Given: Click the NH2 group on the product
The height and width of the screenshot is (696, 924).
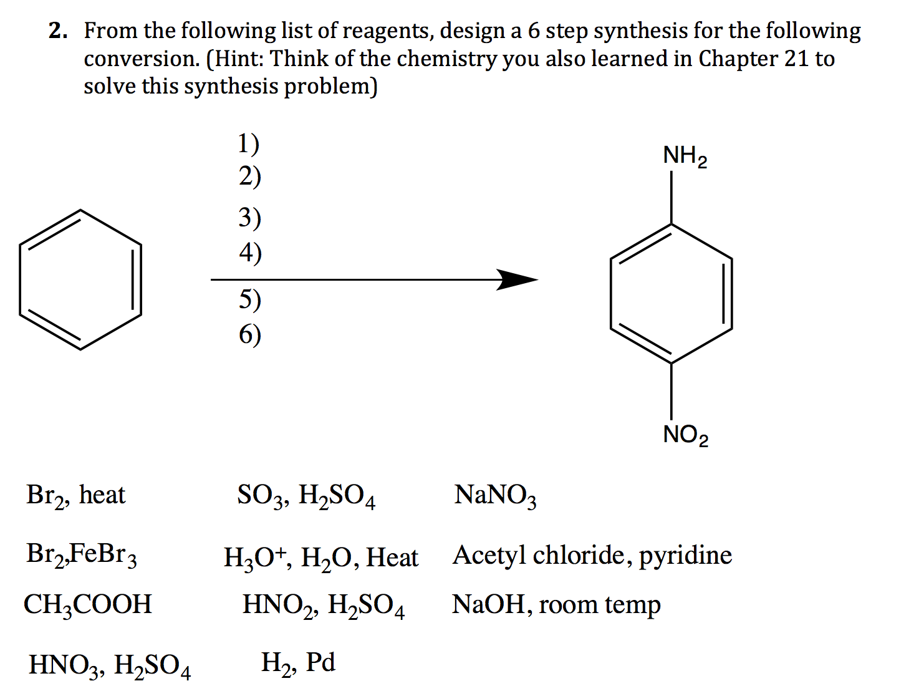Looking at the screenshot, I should click(x=685, y=156).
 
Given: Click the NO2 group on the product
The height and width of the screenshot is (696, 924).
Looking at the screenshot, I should click(x=685, y=435).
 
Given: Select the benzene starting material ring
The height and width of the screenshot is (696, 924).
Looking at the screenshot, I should click(x=80, y=279).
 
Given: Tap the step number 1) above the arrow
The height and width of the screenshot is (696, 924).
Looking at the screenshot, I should click(x=248, y=144).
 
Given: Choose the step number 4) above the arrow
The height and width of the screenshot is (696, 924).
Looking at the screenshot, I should click(x=250, y=253).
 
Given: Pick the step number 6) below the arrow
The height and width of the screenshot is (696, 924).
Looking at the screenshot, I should click(x=249, y=335).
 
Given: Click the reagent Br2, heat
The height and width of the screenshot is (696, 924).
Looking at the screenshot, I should click(x=75, y=496).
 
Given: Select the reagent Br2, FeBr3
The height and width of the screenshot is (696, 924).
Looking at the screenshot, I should click(x=81, y=554).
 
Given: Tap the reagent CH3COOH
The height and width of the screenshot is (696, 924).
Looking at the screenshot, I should click(x=87, y=604).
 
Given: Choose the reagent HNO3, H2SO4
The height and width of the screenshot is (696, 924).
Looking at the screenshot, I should click(x=110, y=665).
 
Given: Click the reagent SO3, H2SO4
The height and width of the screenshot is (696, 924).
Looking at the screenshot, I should click(x=306, y=496).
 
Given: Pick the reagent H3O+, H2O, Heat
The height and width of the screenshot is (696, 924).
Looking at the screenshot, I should click(x=320, y=558).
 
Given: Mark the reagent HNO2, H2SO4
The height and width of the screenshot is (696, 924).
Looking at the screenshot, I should click(x=323, y=606).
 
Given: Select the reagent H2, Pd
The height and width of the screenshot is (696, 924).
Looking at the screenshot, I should click(x=298, y=663).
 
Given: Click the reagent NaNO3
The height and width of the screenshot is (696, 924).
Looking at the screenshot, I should click(x=495, y=496).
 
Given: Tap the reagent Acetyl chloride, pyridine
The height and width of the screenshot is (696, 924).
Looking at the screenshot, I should click(x=592, y=556).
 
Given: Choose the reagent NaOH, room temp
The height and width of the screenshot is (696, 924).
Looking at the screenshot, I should click(x=556, y=605).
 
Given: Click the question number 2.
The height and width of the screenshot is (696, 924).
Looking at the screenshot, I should click(x=58, y=31).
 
